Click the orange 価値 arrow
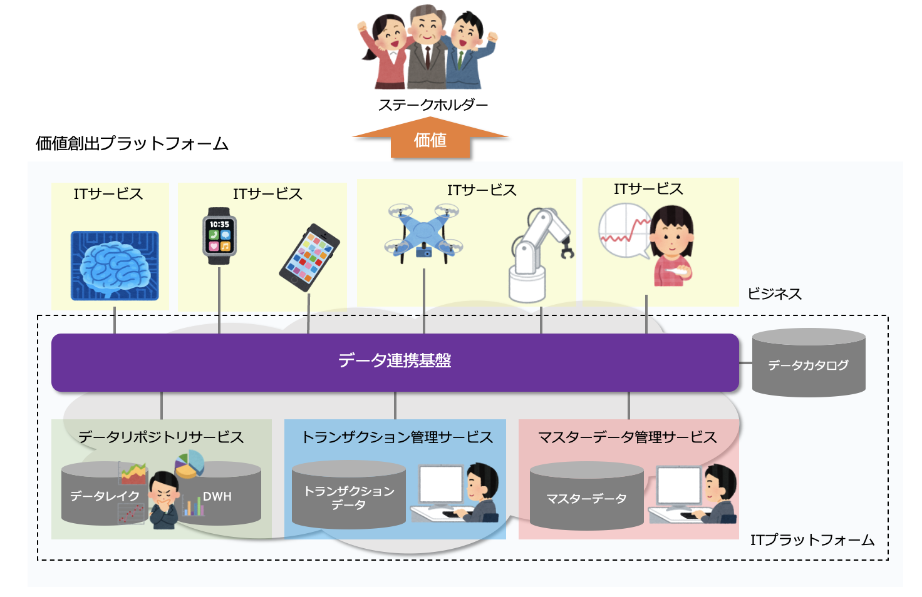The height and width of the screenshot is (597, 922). point(430,140)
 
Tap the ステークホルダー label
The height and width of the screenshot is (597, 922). point(433,105)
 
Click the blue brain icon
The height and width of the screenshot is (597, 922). point(115,266)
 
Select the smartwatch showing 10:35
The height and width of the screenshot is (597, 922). point(219,236)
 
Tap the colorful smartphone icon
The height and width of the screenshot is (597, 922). point(309,258)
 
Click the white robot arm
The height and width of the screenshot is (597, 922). point(538,253)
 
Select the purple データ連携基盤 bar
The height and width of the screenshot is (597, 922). point(395,362)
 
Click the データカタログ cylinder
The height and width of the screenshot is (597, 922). point(808,364)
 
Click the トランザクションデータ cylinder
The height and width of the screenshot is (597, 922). point(349,497)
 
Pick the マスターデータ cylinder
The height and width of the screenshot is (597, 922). point(586,498)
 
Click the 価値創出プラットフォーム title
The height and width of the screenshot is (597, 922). point(132,143)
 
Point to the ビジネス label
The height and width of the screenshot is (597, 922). point(774,293)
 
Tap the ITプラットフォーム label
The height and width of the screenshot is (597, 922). point(812,539)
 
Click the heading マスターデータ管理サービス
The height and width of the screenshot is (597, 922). point(628,437)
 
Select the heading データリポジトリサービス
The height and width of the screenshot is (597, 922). point(161,437)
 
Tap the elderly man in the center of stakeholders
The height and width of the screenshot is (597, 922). point(427,47)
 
